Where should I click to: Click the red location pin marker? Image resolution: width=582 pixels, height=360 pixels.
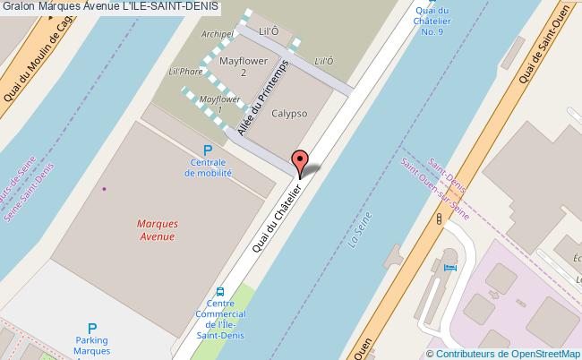(x=301, y=161)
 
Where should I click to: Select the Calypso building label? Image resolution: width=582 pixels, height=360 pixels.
(x=289, y=114)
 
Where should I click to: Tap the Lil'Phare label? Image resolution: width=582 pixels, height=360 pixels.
(x=185, y=71)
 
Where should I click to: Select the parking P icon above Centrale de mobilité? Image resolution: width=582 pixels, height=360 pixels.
(x=208, y=150)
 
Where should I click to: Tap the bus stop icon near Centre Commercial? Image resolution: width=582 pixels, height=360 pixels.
(x=219, y=292)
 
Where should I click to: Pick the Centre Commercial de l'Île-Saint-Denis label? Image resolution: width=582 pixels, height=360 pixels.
(x=219, y=318)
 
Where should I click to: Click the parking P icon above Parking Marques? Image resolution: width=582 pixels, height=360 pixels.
(x=91, y=329)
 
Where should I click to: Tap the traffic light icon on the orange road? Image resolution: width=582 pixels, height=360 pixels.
(x=440, y=219)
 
